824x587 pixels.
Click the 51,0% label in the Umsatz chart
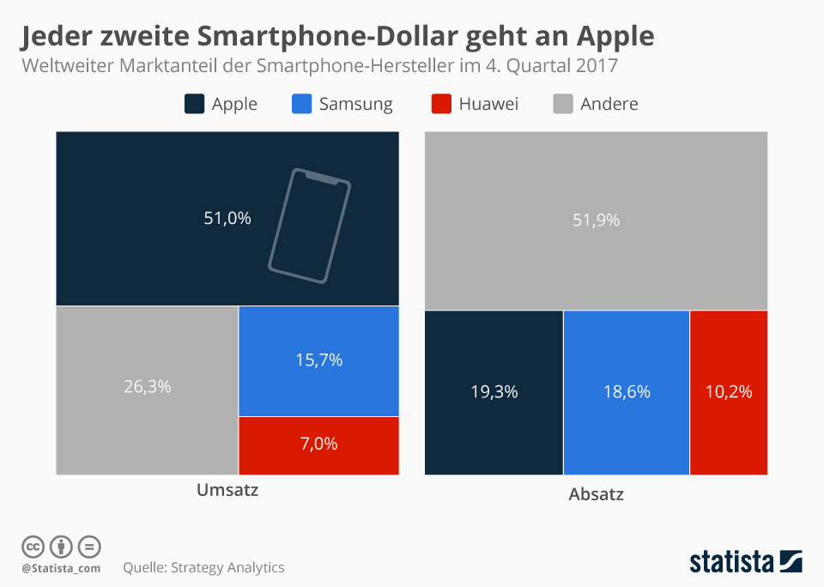(227, 219)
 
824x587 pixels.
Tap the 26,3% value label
(147, 387)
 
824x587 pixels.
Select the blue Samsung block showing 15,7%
(318, 360)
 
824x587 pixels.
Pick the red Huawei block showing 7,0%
(318, 445)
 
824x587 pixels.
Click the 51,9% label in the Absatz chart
(596, 221)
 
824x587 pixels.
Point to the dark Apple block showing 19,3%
(494, 392)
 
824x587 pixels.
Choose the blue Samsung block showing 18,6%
(626, 392)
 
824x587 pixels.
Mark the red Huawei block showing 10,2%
(728, 392)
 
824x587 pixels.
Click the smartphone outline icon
(310, 225)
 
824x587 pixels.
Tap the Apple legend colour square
(194, 105)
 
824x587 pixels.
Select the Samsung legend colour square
(301, 105)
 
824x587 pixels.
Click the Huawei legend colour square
(441, 105)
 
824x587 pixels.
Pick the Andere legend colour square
(562, 105)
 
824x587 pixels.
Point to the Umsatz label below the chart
(227, 491)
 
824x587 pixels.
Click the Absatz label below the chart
(596, 495)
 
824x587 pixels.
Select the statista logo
(746, 562)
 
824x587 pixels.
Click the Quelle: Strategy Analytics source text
(203, 567)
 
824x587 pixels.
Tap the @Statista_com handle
(61, 568)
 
